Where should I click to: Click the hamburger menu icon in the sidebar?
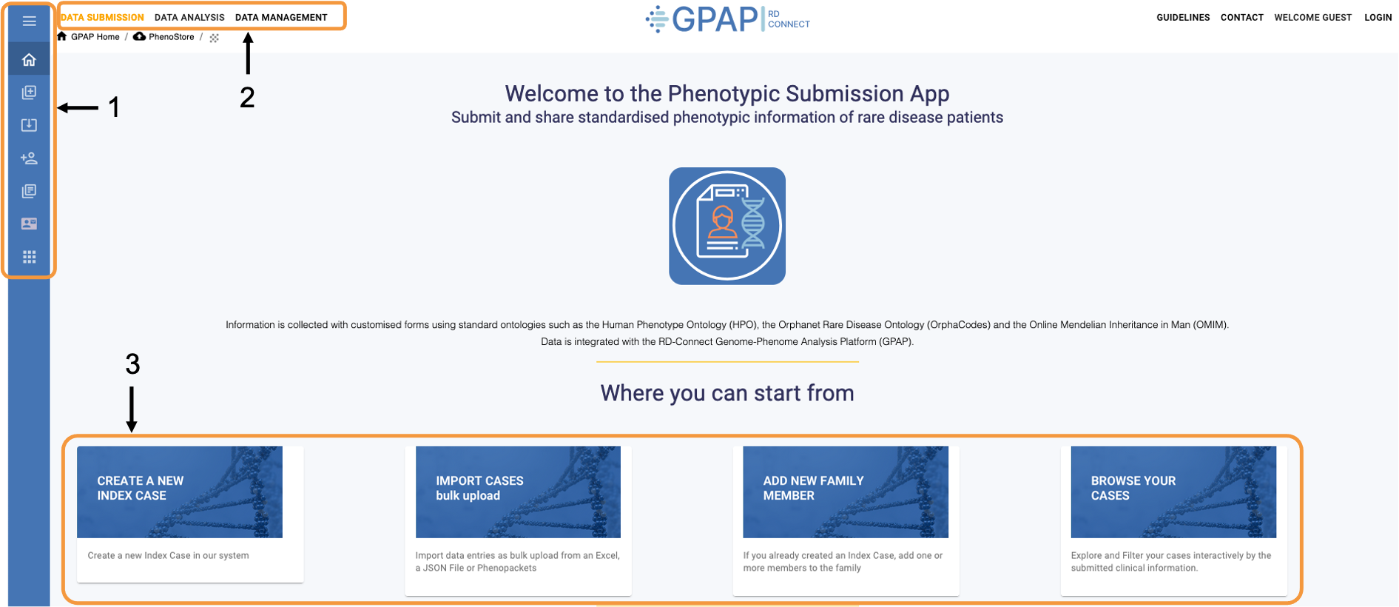30,21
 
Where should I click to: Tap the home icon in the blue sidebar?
30,60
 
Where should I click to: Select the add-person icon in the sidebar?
30,158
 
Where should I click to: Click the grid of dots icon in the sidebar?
30,257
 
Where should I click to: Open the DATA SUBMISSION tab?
102,18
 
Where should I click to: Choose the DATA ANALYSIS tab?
189,18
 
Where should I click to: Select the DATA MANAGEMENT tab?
281,18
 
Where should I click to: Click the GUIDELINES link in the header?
1183,18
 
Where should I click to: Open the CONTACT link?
1241,18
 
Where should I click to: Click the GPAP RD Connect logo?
727,19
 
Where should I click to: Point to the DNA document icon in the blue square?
727,226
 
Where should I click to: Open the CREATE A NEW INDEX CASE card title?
141,489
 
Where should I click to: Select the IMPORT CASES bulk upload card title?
479,489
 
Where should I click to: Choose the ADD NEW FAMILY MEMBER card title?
813,489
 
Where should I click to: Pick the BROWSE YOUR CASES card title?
1133,489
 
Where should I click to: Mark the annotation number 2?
247,98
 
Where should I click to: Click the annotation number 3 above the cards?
132,364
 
